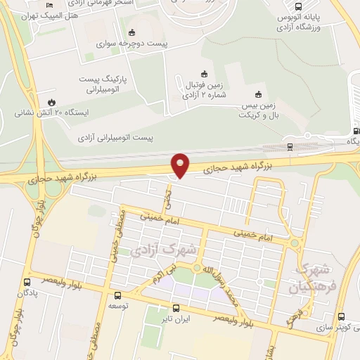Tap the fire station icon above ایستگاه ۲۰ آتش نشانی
click(51, 101)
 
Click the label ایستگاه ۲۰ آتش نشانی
click(53, 112)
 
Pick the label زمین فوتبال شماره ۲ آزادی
click(203, 87)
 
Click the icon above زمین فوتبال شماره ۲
click(205, 73)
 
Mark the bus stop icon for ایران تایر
click(176, 307)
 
